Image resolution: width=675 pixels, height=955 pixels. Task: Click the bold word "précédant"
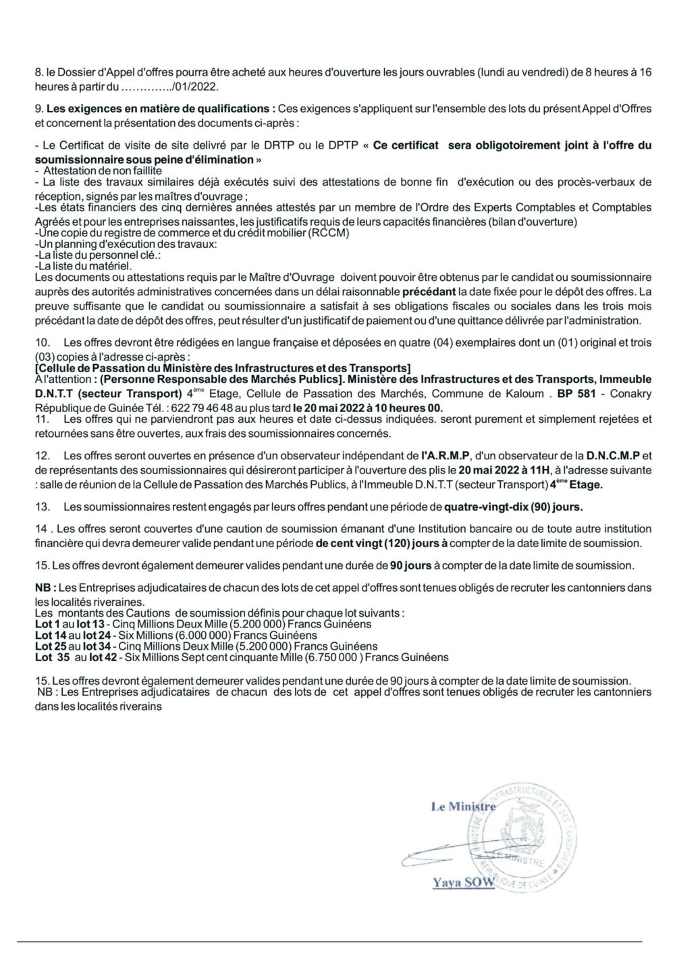[x=429, y=293]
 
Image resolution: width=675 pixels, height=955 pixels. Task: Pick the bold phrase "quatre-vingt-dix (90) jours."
[x=512, y=506]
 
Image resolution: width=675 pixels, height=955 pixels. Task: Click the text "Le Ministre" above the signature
[x=464, y=806]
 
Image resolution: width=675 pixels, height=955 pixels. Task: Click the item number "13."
[x=42, y=506]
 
